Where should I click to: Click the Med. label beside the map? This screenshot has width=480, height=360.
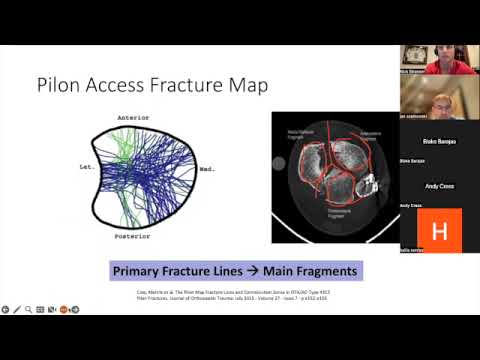coord(208,169)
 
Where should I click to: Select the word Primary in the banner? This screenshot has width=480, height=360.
coord(139,271)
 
